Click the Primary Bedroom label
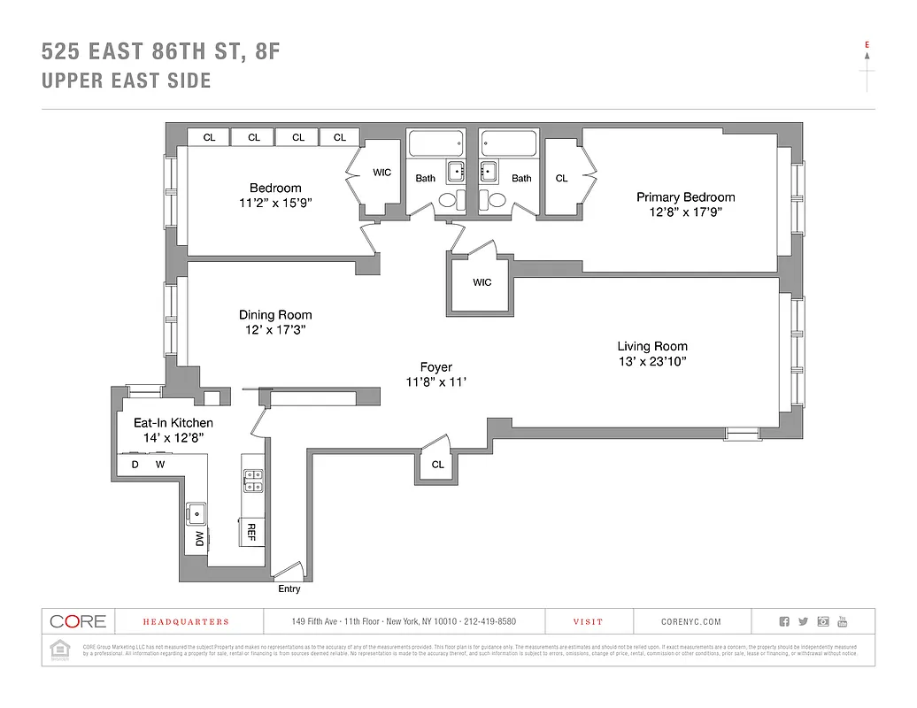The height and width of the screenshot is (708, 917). pyautogui.click(x=685, y=197)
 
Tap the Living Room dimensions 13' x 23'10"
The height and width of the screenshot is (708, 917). pyautogui.click(x=652, y=361)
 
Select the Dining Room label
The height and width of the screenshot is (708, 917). pyautogui.click(x=275, y=315)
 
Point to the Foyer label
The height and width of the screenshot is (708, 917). pyautogui.click(x=435, y=367)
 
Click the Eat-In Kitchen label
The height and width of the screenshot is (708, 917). pyautogui.click(x=173, y=423)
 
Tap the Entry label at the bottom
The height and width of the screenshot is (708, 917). pyautogui.click(x=289, y=589)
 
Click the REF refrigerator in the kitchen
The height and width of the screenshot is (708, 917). pyautogui.click(x=251, y=532)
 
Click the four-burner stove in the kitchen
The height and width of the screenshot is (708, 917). pyautogui.click(x=252, y=480)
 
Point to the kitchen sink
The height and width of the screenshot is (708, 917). pyautogui.click(x=196, y=512)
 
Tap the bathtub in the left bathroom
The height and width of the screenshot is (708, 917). pyautogui.click(x=435, y=142)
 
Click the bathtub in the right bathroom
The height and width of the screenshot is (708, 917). pyautogui.click(x=509, y=142)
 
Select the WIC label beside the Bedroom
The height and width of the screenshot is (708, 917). pyautogui.click(x=382, y=173)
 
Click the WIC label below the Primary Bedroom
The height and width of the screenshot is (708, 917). pyautogui.click(x=482, y=282)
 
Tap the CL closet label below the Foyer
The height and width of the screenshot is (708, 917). pyautogui.click(x=437, y=465)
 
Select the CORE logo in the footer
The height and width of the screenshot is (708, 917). pyautogui.click(x=78, y=621)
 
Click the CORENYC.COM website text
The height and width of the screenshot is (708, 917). pyautogui.click(x=690, y=622)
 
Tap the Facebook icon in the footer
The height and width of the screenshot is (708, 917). pyautogui.click(x=784, y=621)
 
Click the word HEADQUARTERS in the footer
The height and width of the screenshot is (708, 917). pyautogui.click(x=186, y=622)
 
